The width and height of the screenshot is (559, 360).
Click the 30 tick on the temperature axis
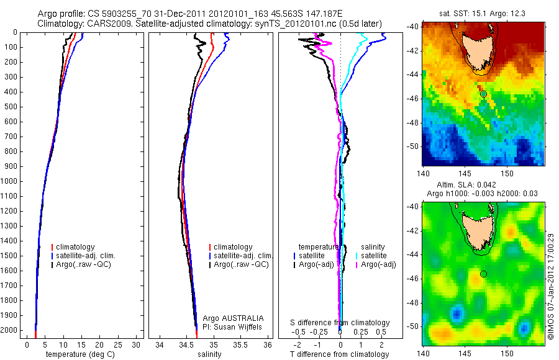click(135, 344)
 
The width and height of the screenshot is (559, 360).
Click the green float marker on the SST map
click(483, 94)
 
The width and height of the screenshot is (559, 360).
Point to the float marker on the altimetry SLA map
click(483, 274)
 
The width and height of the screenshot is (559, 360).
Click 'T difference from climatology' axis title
click(339, 354)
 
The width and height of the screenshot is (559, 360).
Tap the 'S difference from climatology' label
click(340, 323)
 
